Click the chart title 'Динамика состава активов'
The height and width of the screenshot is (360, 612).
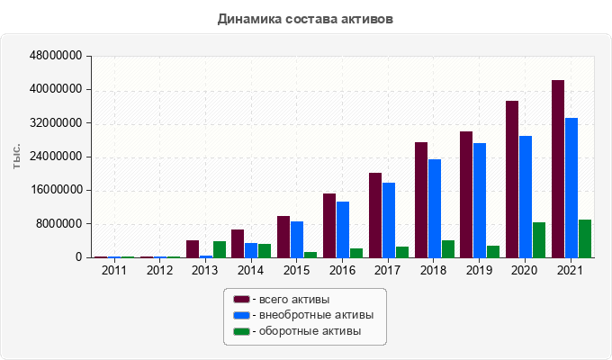click(305, 18)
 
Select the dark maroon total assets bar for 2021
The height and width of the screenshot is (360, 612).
click(558, 169)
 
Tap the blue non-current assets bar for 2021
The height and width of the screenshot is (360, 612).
click(571, 188)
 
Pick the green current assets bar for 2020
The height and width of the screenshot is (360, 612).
click(539, 240)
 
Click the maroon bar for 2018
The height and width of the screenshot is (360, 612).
click(421, 200)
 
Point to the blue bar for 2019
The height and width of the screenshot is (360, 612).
click(480, 201)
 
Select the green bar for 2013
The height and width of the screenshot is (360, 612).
click(220, 249)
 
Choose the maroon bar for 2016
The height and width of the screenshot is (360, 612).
click(329, 226)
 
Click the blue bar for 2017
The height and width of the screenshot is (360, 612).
click(389, 220)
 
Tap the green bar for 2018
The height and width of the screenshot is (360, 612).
click(448, 249)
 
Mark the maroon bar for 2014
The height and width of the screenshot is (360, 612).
click(238, 244)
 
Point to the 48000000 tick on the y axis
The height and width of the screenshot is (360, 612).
click(57, 56)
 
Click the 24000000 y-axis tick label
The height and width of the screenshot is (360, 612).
click(57, 157)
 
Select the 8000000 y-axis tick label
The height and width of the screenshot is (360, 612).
click(60, 224)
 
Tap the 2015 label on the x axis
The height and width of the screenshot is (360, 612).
click(296, 270)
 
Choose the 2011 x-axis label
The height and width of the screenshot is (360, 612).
click(113, 270)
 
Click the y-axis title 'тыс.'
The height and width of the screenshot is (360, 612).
click(17, 157)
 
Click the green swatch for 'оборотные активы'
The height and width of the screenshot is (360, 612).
click(241, 331)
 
